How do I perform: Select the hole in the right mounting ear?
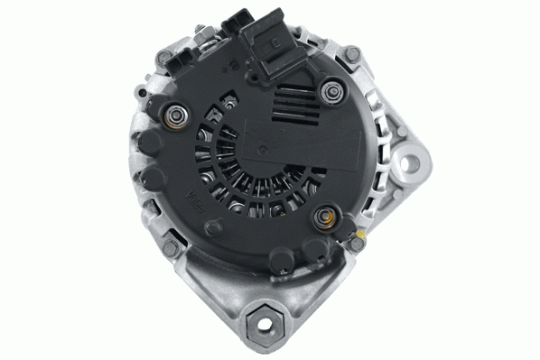point(411,164)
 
